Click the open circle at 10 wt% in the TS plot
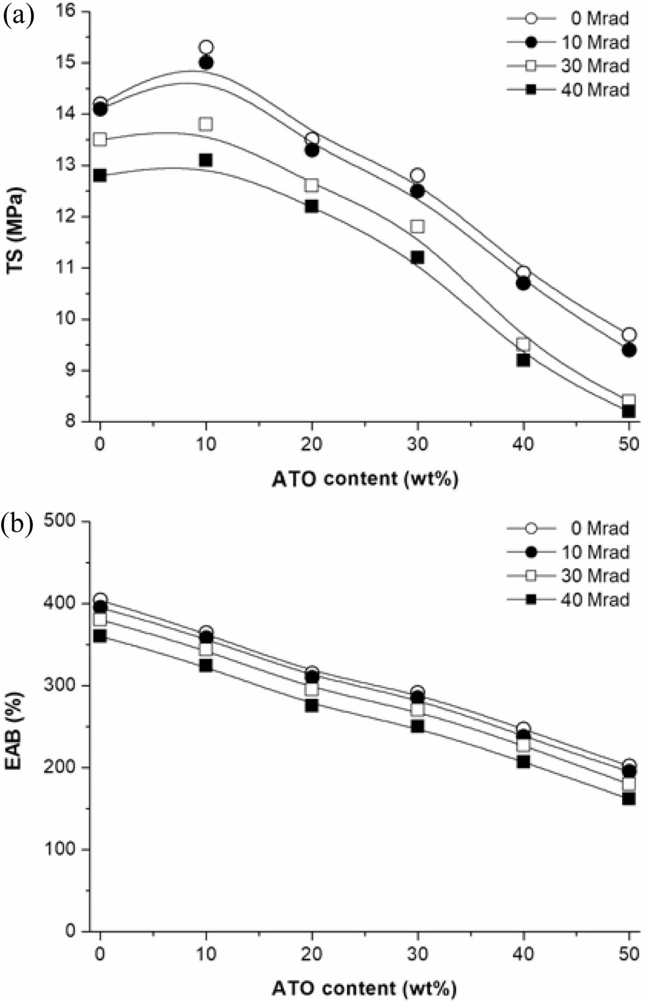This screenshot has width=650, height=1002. pyautogui.click(x=206, y=47)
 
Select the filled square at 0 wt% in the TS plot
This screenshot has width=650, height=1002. pyautogui.click(x=100, y=175)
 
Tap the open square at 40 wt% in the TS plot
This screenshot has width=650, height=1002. pyautogui.click(x=523, y=345)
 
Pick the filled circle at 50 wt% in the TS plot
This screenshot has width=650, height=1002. pyautogui.click(x=629, y=350)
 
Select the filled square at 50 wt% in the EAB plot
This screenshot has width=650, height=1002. pyautogui.click(x=629, y=799)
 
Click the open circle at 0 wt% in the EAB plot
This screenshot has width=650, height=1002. pyautogui.click(x=100, y=600)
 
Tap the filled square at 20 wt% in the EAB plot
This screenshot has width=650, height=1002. pyautogui.click(x=312, y=705)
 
